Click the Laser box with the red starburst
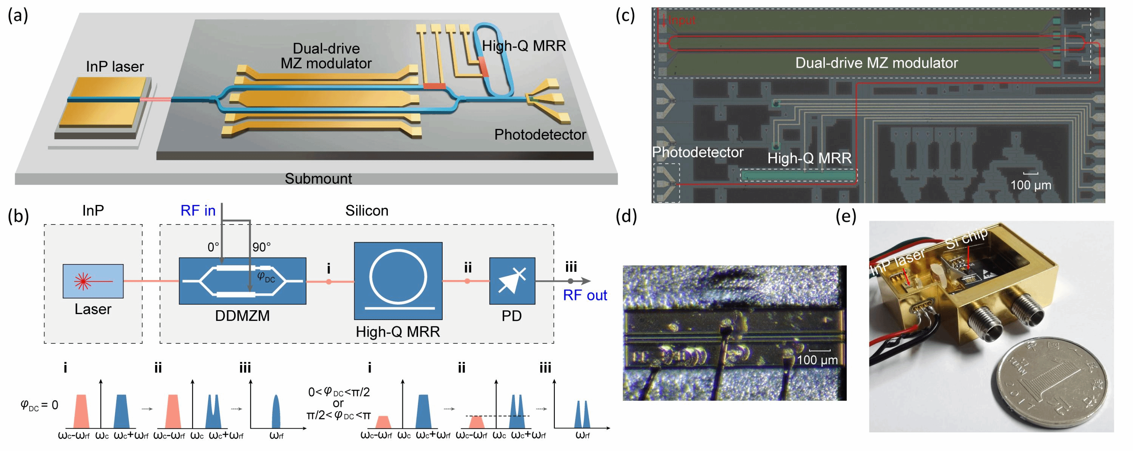click(93, 281)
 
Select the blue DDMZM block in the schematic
click(242, 281)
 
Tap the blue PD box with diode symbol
click(512, 281)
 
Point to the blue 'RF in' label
click(198, 211)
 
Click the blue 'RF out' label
click(585, 295)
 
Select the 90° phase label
click(261, 247)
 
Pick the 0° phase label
click(213, 247)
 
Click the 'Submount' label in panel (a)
click(318, 179)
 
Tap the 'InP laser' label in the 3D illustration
click(115, 66)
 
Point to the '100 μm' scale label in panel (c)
click(1031, 185)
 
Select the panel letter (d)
click(626, 216)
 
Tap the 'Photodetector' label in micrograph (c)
click(698, 152)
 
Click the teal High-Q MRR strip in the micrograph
click(798, 176)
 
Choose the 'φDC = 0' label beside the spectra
click(40, 405)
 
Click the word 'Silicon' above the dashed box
click(366, 211)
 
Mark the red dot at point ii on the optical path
click(467, 281)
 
